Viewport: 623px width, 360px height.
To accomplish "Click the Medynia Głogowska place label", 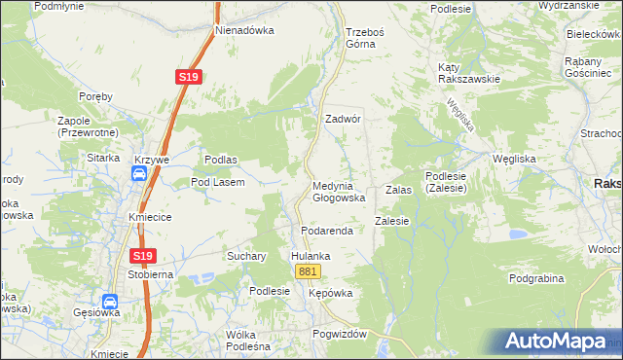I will [338, 191].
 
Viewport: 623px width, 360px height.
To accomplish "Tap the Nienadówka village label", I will [242, 30].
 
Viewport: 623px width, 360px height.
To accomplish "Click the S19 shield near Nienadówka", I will [189, 77].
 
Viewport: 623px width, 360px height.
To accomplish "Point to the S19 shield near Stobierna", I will [142, 256].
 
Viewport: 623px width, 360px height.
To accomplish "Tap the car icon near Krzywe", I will [139, 173].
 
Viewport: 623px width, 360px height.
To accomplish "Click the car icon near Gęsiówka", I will [111, 301].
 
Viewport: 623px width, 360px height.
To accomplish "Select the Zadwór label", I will [343, 120].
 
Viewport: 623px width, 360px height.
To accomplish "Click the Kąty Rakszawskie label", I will [468, 72].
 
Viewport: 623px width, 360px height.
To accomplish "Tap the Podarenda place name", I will [325, 230].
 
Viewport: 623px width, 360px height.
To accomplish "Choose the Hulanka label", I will [311, 256].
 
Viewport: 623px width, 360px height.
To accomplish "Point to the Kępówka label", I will [329, 292].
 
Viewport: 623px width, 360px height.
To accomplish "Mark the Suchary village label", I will [246, 256].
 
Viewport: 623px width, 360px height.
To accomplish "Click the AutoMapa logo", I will [558, 341].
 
